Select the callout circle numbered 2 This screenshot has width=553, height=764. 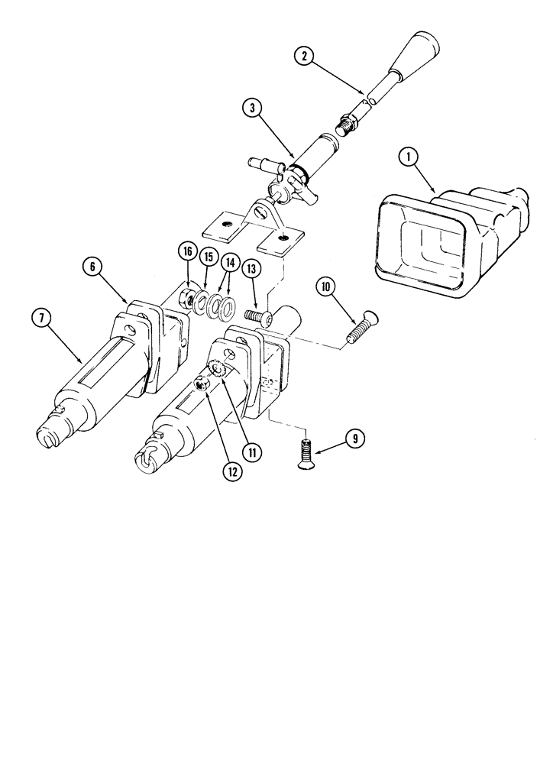(305, 56)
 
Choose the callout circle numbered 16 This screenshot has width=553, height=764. (186, 250)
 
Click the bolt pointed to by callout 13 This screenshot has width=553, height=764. (257, 317)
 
